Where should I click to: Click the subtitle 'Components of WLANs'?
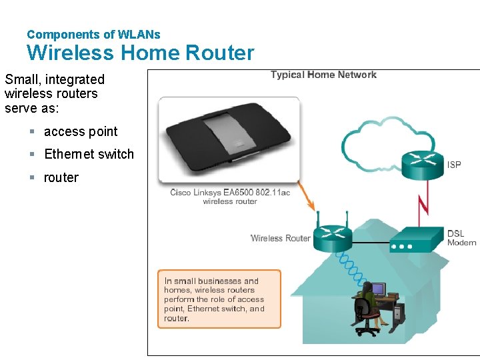point(93,34)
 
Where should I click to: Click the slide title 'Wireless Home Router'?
point(140,53)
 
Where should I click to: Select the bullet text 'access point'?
point(81,132)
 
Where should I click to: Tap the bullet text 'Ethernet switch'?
point(89,155)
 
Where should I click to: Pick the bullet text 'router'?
point(61,178)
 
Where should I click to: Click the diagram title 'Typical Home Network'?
point(323,75)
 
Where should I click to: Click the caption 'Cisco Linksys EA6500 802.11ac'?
point(230,193)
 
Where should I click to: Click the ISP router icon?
point(423,164)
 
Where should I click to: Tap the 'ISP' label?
point(454,165)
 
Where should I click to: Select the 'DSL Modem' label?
point(461,238)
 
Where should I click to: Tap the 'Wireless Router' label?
point(280,238)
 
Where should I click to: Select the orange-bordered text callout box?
point(219,299)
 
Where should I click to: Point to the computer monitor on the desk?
point(379,289)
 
